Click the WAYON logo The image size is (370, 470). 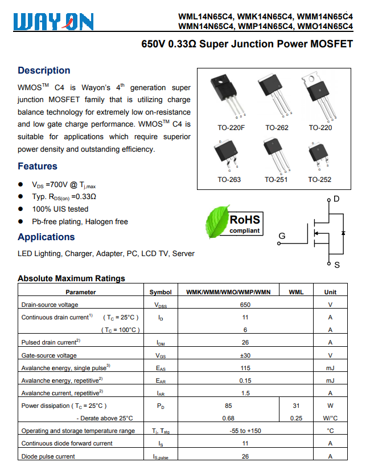tap(52, 22)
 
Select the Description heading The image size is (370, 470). tap(44, 70)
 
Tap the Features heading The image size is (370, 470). tap(38, 166)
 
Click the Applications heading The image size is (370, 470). tap(46, 237)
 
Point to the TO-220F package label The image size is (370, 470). tap(231, 128)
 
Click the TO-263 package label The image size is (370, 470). tap(229, 180)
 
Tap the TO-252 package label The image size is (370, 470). tap(320, 180)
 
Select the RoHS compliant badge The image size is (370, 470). tap(244, 223)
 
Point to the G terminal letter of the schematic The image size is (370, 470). tap(282, 236)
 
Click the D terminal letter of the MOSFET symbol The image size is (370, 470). tap(336, 198)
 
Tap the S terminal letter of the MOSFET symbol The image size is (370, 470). tap(337, 265)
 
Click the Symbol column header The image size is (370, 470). tap(161, 292)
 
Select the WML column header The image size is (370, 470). tap(297, 292)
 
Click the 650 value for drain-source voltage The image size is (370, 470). tap(245, 305)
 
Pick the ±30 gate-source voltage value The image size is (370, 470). tap(245, 355)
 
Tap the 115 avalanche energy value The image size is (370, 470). tap(245, 368)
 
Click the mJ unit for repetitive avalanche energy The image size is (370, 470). tap(330, 380)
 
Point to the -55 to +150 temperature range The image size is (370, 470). tap(245, 431)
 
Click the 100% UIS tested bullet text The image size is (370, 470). tap(60, 209)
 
